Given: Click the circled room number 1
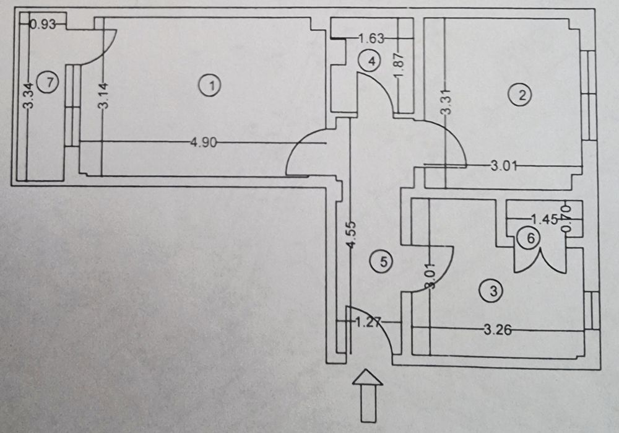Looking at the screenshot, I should click(x=212, y=85).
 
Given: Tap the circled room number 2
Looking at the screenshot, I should click(x=521, y=95).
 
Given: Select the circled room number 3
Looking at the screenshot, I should click(x=493, y=290).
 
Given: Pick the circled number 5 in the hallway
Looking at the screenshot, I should click(x=383, y=261).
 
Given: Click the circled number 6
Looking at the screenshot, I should click(x=530, y=237).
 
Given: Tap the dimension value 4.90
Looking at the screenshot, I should click(x=202, y=143).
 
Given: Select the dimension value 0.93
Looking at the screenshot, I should click(x=43, y=25).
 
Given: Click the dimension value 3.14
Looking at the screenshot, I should click(x=103, y=96).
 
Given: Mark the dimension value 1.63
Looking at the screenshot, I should click(x=372, y=38).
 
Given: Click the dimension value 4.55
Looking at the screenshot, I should click(x=352, y=234).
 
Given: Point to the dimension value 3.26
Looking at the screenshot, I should click(x=498, y=330).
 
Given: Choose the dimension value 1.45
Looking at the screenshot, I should click(x=545, y=218).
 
